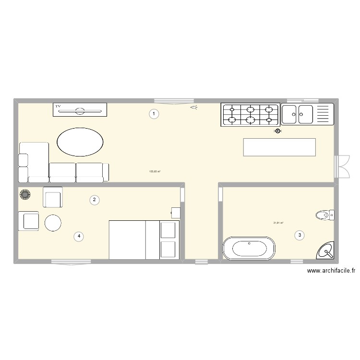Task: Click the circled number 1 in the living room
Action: [x=154, y=114]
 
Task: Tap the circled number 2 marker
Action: [x=95, y=200]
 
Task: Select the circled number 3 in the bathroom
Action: [x=300, y=235]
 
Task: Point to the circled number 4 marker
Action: [x=79, y=236]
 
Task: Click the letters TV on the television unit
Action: [x=58, y=106]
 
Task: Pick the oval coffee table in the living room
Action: [x=80, y=142]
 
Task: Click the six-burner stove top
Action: [x=250, y=115]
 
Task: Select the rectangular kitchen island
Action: [x=279, y=147]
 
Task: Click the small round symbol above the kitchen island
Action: [x=277, y=131]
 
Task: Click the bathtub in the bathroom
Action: [x=249, y=248]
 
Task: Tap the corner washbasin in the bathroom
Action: [x=326, y=250]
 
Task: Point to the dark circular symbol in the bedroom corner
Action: [x=24, y=194]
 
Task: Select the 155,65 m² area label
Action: [x=155, y=171]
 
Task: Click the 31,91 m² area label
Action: [x=278, y=223]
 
